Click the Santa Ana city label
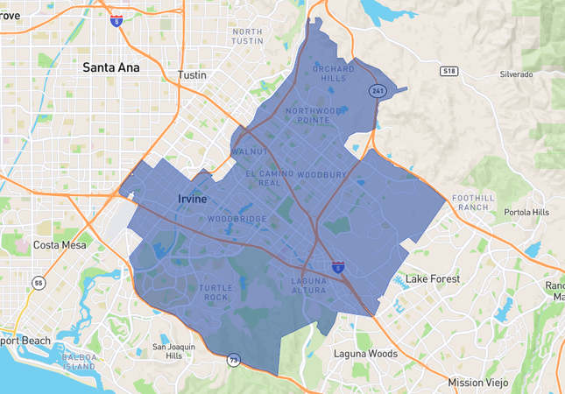coord(111,67)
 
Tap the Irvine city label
coord(193,199)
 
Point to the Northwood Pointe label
coord(314,115)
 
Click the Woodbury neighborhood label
coord(322,175)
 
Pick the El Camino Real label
coord(269,178)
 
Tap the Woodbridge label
coord(237,218)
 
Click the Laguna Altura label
coord(307,285)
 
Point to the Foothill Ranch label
coord(472,202)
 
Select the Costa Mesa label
coord(60,245)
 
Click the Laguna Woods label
coord(365,354)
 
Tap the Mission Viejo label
coord(477,383)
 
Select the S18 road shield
coord(449,71)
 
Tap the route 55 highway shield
coord(39,283)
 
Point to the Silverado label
coord(516,74)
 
